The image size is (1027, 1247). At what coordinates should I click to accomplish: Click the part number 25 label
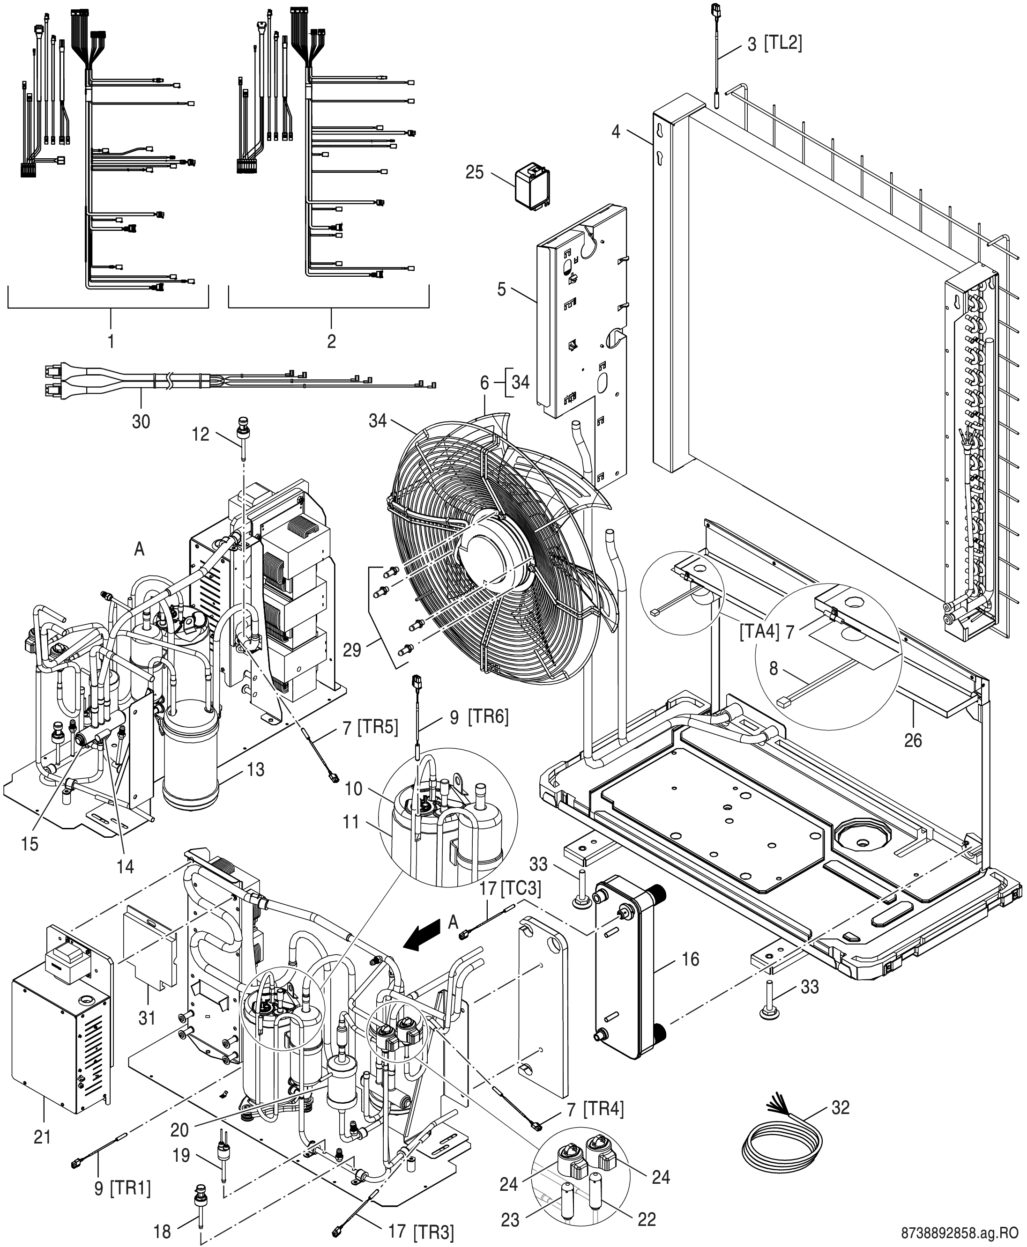pyautogui.click(x=475, y=173)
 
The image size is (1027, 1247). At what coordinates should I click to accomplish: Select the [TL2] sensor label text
pyautogui.click(x=783, y=43)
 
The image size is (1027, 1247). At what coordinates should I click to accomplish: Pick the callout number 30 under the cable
pyautogui.click(x=141, y=421)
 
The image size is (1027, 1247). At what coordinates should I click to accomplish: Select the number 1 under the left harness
pyautogui.click(x=111, y=341)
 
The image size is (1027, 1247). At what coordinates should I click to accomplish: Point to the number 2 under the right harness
pyautogui.click(x=331, y=341)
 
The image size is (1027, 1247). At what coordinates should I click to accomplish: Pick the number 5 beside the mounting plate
pyautogui.click(x=502, y=290)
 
